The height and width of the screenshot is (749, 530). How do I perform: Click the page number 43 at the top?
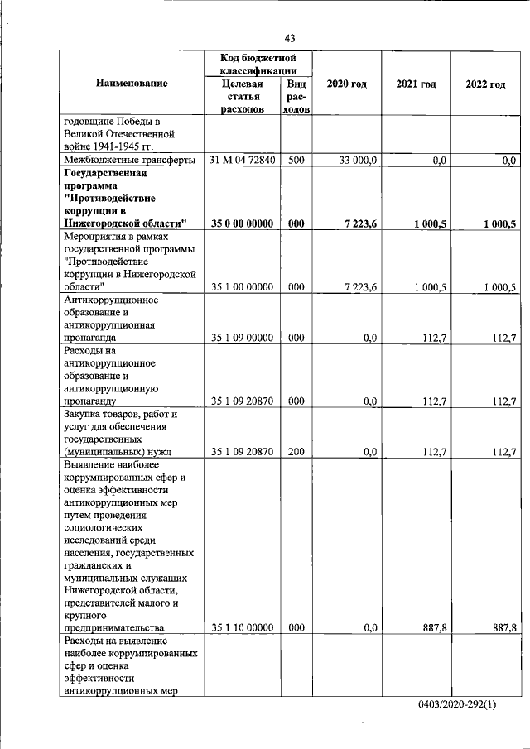[289, 38]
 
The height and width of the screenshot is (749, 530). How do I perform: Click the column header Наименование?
[132, 84]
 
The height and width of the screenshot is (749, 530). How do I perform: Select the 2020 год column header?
[346, 84]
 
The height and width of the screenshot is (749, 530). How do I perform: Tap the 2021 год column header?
[416, 84]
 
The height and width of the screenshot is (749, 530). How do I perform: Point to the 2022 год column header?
[485, 84]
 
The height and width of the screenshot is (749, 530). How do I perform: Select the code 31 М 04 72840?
[243, 161]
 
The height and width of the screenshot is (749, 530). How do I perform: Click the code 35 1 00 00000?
[243, 287]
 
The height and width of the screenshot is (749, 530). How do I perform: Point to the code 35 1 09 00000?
[243, 338]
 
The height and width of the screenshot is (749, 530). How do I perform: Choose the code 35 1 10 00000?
[243, 628]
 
